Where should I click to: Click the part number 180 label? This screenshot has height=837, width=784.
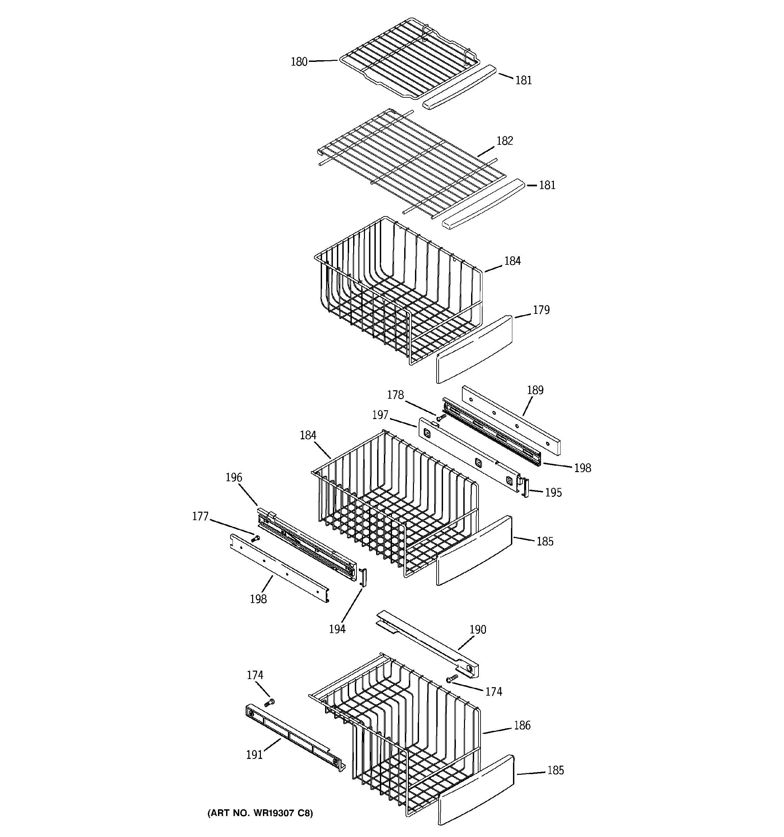[x=299, y=62]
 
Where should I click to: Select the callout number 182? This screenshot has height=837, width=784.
[x=505, y=141]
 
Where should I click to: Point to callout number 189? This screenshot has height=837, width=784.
[x=535, y=390]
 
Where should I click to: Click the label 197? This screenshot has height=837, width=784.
[x=380, y=415]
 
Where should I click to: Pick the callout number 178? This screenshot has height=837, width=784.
[x=395, y=395]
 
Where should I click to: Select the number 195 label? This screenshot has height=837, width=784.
[x=553, y=493]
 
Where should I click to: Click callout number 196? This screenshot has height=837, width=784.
[x=234, y=478]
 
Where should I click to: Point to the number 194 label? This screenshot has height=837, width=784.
[x=337, y=629]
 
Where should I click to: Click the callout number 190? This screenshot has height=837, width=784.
[x=477, y=629]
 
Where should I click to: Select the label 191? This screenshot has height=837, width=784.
[x=254, y=755]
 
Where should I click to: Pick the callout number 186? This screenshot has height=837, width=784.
[x=522, y=725]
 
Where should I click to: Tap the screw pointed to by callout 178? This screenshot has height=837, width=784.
[x=441, y=417]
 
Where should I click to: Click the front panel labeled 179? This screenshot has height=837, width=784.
[x=474, y=349]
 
